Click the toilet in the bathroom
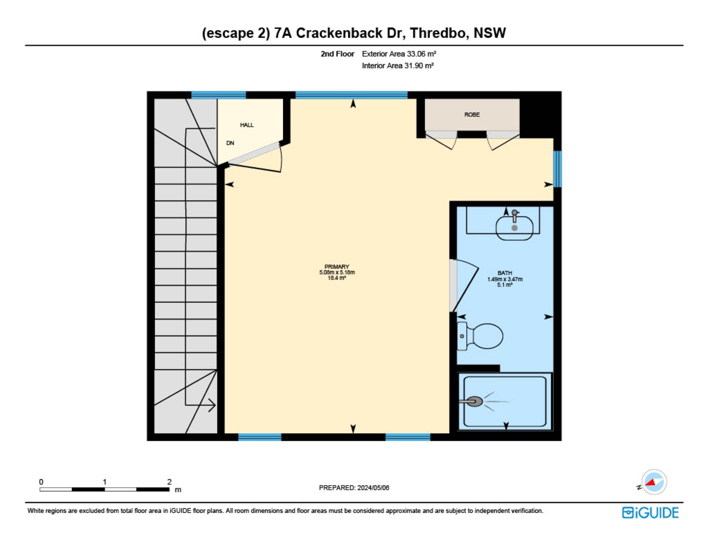(480, 336)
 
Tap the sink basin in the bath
(514, 228)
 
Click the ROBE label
(472, 115)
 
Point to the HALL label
(247, 125)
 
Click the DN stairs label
(230, 143)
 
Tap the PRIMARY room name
(337, 267)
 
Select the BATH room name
(505, 273)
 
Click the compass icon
(654, 482)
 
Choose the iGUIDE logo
(650, 513)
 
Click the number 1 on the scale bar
(105, 482)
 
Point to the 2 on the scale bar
(169, 482)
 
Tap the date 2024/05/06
(373, 488)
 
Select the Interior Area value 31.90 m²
(419, 66)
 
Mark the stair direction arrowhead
(212, 405)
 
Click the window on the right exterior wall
(557, 169)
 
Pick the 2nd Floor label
(337, 54)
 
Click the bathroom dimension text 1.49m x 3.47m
(505, 279)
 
